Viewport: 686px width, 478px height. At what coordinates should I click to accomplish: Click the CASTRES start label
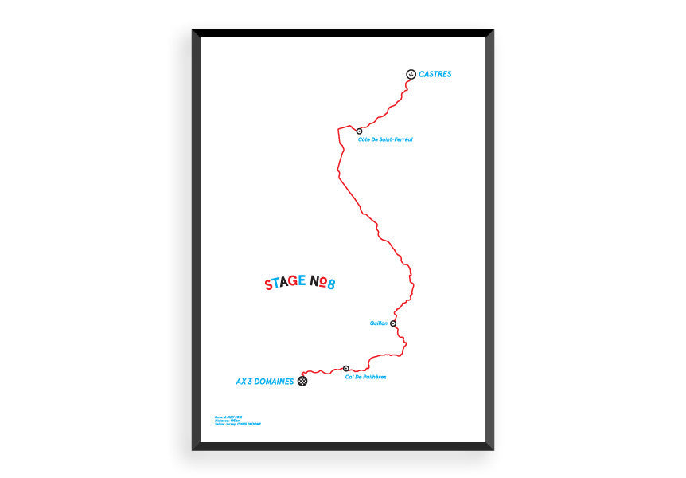point(435,74)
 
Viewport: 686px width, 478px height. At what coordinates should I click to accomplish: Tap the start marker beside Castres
point(410,74)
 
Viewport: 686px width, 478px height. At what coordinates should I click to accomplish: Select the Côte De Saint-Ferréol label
point(385,139)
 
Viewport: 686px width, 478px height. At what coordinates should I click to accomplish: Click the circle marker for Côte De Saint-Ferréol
point(359,131)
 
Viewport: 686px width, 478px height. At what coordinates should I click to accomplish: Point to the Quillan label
point(378,323)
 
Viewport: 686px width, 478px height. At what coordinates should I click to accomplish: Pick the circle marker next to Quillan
point(393,323)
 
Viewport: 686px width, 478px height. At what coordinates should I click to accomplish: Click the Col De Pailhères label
point(366,376)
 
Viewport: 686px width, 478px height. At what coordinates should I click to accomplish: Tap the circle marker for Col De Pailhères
point(346,368)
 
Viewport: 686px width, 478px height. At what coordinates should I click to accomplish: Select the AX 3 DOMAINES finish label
point(265,382)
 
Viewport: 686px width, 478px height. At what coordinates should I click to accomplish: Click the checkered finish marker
point(303,382)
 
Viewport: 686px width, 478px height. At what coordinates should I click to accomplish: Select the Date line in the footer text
point(228,416)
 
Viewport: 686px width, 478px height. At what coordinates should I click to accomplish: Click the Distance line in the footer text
point(227,420)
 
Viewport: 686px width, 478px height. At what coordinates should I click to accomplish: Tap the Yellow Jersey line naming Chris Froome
point(237,424)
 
